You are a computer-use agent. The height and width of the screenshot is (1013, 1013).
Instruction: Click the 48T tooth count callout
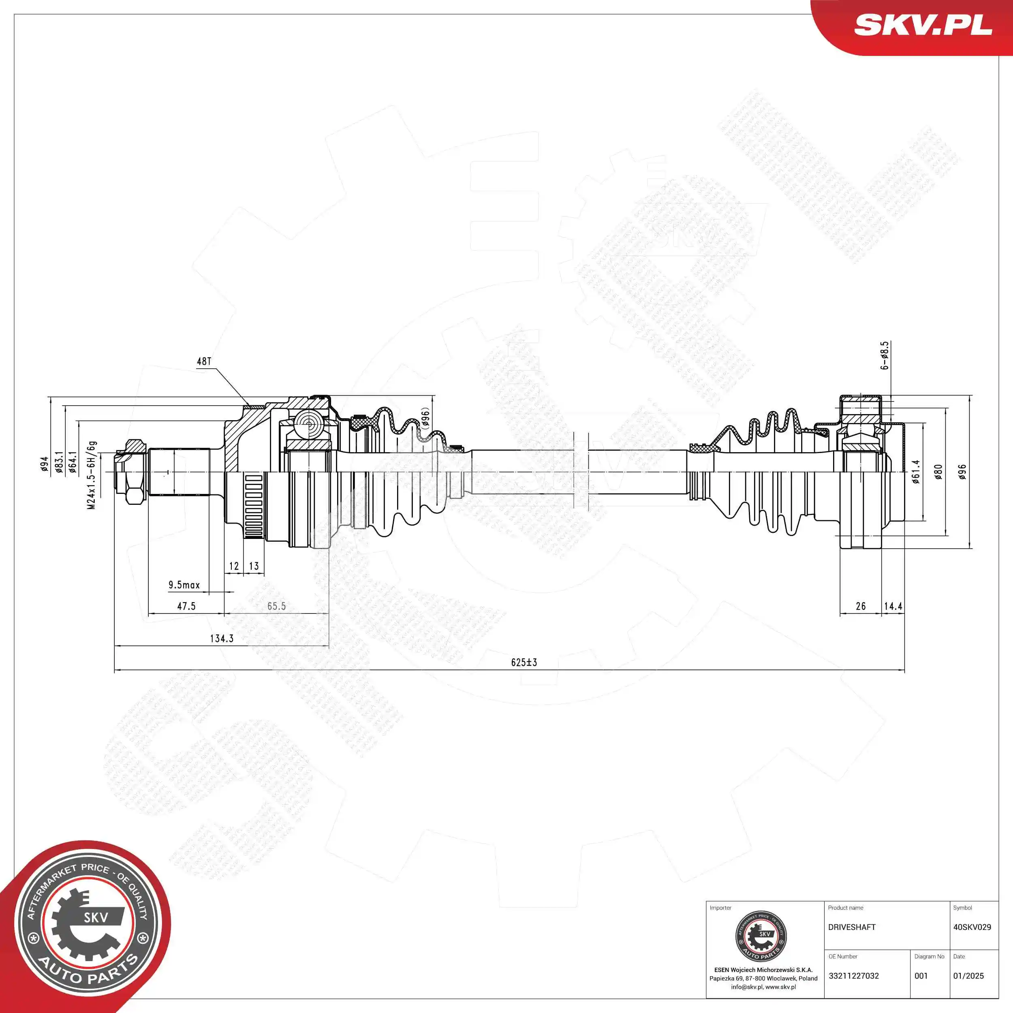(x=204, y=361)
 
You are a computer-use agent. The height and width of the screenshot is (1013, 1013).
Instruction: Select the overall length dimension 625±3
(x=524, y=662)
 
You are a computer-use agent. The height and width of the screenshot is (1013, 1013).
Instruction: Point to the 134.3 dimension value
(x=221, y=638)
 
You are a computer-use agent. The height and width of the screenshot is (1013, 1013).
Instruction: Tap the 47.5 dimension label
(x=186, y=606)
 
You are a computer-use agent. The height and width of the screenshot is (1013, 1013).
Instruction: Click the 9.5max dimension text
(x=184, y=585)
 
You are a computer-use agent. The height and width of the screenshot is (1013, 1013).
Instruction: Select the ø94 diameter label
(x=45, y=464)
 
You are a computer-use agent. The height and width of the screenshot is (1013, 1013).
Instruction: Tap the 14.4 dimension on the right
(x=893, y=606)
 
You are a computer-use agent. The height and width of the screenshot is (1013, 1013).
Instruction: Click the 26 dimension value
(x=860, y=606)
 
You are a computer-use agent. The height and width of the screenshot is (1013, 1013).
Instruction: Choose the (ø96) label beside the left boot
(x=425, y=419)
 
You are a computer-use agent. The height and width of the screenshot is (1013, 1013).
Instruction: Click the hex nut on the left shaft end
(x=132, y=472)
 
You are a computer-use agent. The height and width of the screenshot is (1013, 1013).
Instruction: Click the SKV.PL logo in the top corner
(x=922, y=25)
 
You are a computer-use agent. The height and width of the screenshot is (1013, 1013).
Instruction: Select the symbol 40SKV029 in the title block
(x=972, y=927)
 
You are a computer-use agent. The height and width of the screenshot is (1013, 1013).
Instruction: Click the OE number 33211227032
(x=854, y=976)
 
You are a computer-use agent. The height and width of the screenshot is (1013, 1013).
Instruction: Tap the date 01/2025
(x=968, y=976)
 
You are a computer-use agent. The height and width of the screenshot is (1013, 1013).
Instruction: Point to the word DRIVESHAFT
(x=851, y=927)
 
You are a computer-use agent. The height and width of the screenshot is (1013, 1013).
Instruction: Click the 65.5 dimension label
(x=276, y=606)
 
